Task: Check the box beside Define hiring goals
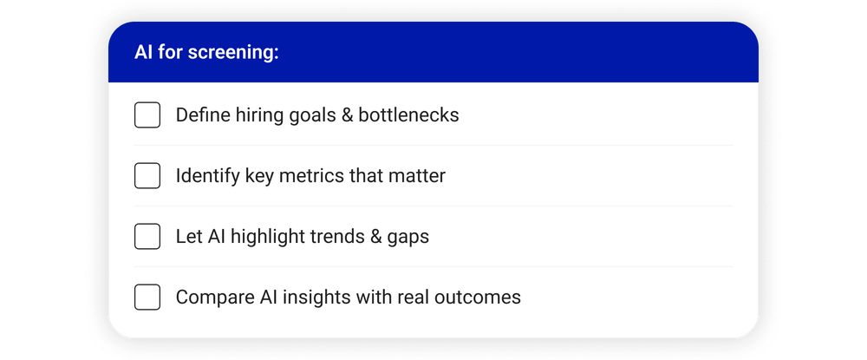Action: tap(147, 115)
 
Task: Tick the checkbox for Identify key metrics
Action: tap(147, 176)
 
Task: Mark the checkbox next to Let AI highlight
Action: tap(147, 237)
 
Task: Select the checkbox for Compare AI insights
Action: tap(147, 298)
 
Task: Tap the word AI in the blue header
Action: tap(143, 53)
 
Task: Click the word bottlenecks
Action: tap(408, 115)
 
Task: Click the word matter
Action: tap(420, 176)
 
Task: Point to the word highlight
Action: tap(262, 237)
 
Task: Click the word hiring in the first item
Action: tap(258, 115)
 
